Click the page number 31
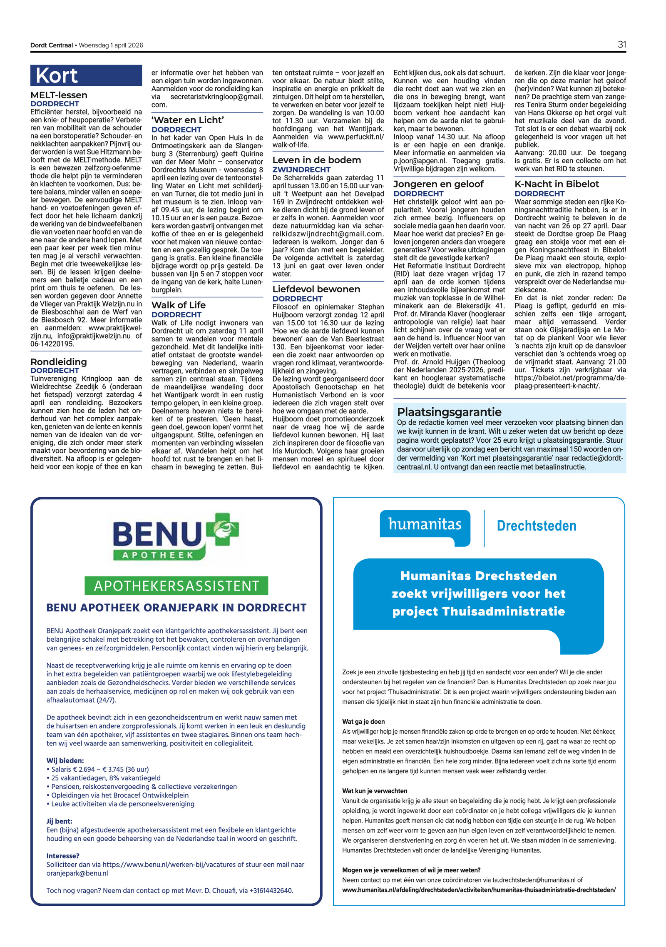(621, 45)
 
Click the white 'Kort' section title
(57, 76)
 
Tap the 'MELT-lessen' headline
(59, 95)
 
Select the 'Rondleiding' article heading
(59, 361)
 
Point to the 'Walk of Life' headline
(178, 305)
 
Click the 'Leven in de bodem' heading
(316, 160)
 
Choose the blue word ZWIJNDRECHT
(301, 169)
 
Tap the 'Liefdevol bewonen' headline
(316, 289)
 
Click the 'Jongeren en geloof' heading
(438, 184)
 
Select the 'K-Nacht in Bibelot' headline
(557, 184)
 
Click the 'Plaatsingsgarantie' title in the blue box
(449, 412)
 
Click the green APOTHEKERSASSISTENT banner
(176, 586)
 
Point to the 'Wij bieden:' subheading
(65, 760)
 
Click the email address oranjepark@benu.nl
(77, 873)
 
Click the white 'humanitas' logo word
(425, 524)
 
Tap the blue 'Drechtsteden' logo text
(536, 526)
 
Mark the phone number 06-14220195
(52, 344)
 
